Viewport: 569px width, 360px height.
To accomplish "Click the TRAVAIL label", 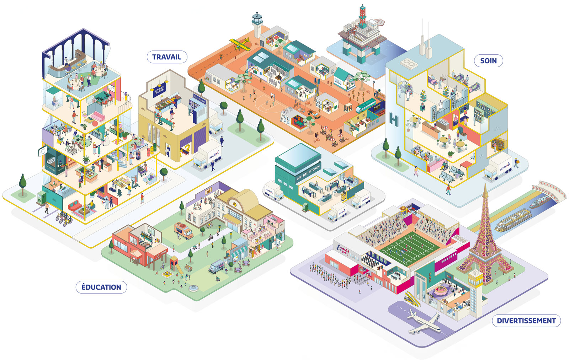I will (x=167, y=57).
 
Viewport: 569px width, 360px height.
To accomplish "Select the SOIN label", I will (x=488, y=61).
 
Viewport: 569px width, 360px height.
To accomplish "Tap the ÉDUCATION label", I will (x=101, y=287).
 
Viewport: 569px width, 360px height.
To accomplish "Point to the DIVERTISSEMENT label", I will (x=526, y=321).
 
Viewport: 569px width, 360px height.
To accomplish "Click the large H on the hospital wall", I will (x=393, y=120).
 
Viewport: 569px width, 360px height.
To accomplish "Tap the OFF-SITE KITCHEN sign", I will (x=308, y=173).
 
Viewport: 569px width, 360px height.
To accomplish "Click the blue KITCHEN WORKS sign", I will (x=159, y=91).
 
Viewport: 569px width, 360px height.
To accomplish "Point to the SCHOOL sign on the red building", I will (x=161, y=253).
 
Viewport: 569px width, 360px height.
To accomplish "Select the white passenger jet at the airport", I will (x=423, y=321).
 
